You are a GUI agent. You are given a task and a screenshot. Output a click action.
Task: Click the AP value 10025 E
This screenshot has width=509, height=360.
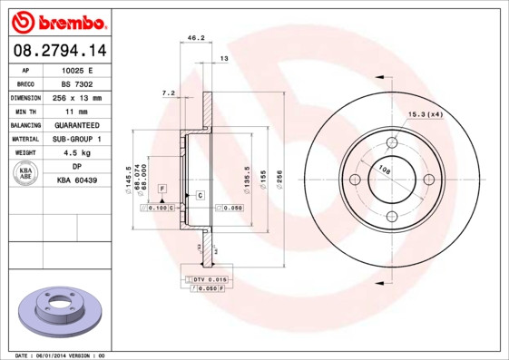tap(77, 69)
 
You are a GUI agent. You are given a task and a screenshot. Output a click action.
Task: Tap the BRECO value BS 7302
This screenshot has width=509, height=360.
tap(77, 83)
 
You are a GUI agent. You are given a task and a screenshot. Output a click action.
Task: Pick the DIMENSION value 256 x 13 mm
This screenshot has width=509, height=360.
tap(77, 97)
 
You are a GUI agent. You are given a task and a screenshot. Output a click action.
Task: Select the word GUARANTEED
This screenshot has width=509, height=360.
tap(77, 124)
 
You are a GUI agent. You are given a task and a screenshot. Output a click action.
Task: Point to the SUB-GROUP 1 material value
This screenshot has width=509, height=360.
tap(77, 139)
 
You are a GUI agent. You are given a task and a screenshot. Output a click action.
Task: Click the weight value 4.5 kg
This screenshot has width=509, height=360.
tap(77, 152)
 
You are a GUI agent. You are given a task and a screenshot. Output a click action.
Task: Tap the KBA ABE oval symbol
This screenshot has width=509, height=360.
tap(26, 173)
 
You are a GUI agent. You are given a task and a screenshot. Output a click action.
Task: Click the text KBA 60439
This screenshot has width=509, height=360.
tap(77, 180)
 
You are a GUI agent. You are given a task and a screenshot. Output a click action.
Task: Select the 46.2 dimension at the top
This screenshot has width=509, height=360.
tap(194, 38)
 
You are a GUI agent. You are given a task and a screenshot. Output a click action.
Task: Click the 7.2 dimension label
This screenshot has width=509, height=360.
tap(167, 92)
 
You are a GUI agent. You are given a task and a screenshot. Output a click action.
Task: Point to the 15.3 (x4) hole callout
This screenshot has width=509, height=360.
tap(425, 114)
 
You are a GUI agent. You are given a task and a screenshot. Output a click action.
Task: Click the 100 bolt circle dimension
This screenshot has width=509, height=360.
tap(384, 170)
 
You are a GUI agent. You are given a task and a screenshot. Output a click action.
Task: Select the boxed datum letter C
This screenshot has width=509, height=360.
tap(199, 196)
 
